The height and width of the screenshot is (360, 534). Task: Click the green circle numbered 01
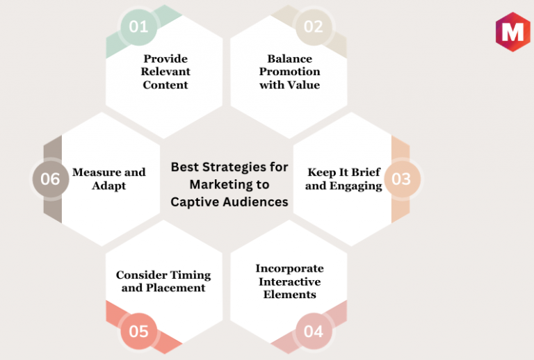pyautogui.click(x=138, y=27)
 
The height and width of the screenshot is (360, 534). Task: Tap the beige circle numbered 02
pyautogui.click(x=314, y=27)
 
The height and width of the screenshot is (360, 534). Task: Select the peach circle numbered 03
pyautogui.click(x=402, y=179)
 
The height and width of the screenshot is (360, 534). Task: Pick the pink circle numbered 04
pyautogui.click(x=314, y=331)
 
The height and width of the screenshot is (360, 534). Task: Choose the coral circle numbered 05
pyautogui.click(x=138, y=331)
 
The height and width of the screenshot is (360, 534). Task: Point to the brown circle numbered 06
pyautogui.click(x=51, y=179)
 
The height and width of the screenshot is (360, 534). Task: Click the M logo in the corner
pyautogui.click(x=513, y=32)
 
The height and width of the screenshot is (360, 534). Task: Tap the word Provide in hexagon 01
pyautogui.click(x=165, y=58)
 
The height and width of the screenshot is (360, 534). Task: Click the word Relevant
pyautogui.click(x=165, y=72)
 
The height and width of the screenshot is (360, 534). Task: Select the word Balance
pyautogui.click(x=289, y=58)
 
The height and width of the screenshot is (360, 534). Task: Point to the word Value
pyautogui.click(x=304, y=85)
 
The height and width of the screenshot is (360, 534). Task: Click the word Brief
pyautogui.click(x=366, y=172)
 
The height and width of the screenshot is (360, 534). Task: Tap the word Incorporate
pyautogui.click(x=289, y=268)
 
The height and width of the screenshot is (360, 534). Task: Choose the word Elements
pyautogui.click(x=289, y=295)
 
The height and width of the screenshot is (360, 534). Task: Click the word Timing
pyautogui.click(x=190, y=275)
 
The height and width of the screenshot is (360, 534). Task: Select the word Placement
pyautogui.click(x=176, y=288)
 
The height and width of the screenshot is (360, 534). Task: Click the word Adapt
pyautogui.click(x=108, y=186)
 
